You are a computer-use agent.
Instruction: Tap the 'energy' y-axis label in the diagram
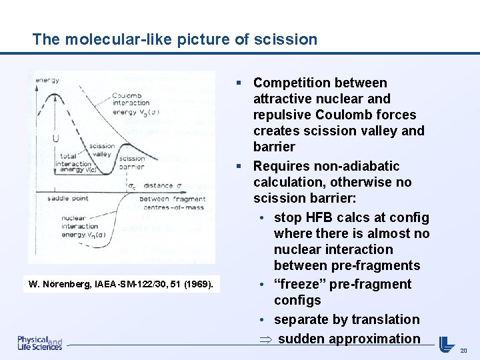(x=47, y=80)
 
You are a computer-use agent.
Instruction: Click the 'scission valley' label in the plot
(x=101, y=150)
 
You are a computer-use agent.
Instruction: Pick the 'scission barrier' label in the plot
(x=131, y=163)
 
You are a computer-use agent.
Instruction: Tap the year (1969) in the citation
(x=198, y=285)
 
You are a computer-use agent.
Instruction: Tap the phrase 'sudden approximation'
(x=349, y=339)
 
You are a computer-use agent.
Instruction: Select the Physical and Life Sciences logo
(x=39, y=343)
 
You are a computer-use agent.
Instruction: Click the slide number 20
(x=463, y=350)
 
